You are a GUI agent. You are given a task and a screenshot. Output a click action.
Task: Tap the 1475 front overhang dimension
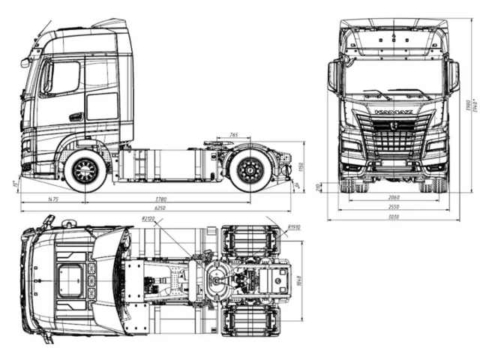pyautogui.click(x=53, y=199)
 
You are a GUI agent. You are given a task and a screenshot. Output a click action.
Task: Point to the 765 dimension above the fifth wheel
pyautogui.click(x=234, y=136)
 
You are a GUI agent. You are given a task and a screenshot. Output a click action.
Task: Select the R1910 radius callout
pyautogui.click(x=294, y=226)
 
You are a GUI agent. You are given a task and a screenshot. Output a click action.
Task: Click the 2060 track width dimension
pyautogui.click(x=393, y=197)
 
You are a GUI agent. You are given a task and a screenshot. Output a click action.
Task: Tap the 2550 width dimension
pyautogui.click(x=393, y=207)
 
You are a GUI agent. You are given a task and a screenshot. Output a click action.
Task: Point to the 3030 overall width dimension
pyautogui.click(x=393, y=217)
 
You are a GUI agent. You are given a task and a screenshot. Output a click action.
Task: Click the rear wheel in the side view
pyautogui.click(x=249, y=171)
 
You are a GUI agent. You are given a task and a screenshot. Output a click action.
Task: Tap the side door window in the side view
pyautogui.click(x=64, y=77)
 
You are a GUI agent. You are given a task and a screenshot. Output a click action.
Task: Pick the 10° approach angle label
pyautogui.click(x=14, y=182)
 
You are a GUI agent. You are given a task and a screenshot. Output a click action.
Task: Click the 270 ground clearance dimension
pyautogui.click(x=319, y=187)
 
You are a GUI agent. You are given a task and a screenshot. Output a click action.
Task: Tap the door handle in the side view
pyautogui.click(x=76, y=116)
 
